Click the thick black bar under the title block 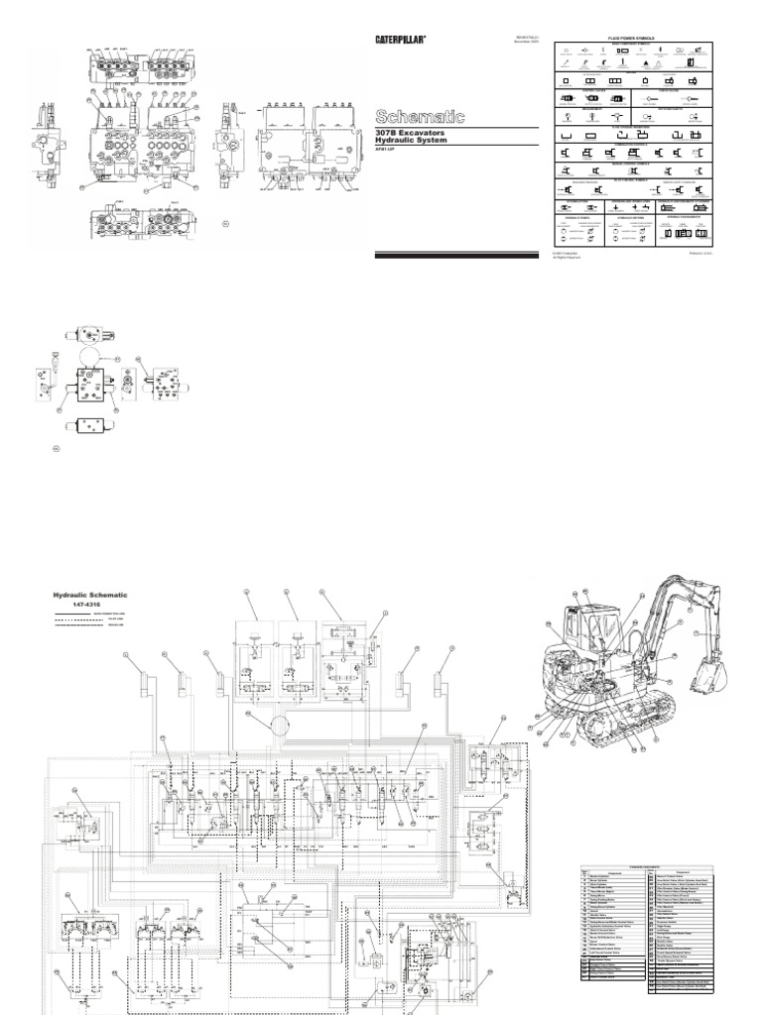pyautogui.click(x=455, y=256)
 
